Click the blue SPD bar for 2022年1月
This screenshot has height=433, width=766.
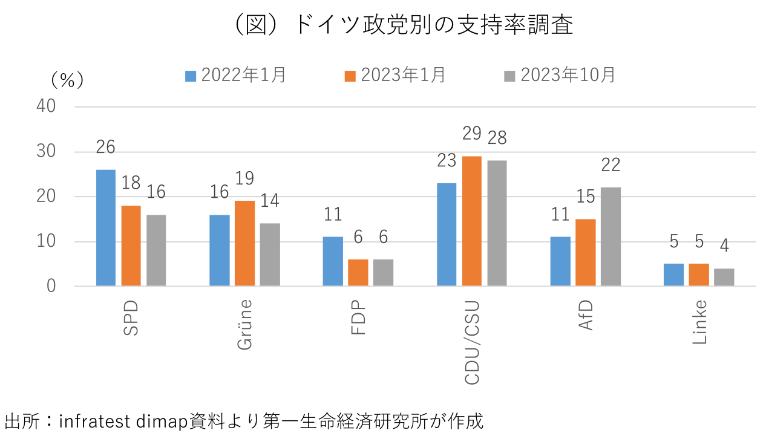click(106, 227)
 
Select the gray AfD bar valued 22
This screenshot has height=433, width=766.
click(611, 236)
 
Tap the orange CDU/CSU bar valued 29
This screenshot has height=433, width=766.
click(472, 221)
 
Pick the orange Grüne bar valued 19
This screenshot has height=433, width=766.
click(244, 243)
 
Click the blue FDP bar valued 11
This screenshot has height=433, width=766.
click(333, 261)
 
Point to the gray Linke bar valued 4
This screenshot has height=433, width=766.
click(724, 277)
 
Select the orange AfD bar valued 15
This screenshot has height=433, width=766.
click(585, 252)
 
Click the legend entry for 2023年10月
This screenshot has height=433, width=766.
click(560, 75)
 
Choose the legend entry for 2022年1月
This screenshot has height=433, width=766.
click(235, 75)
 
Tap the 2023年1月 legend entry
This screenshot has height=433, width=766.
click(395, 75)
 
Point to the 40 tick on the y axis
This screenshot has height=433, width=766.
click(46, 106)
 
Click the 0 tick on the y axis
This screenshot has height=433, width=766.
click(51, 286)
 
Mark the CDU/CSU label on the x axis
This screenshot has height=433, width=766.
click(472, 342)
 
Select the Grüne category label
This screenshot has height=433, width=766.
click(244, 324)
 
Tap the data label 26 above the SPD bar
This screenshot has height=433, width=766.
click(105, 148)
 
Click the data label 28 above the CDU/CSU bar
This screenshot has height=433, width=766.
click(497, 138)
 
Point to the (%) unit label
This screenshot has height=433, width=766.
click(67, 80)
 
